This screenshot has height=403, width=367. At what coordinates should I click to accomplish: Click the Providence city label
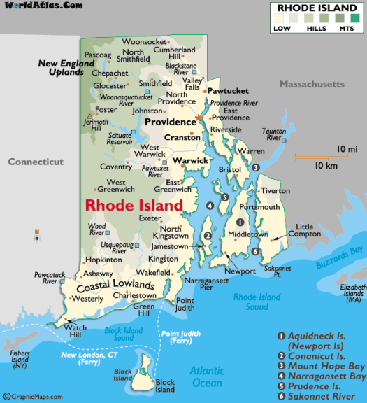click(x=170, y=122)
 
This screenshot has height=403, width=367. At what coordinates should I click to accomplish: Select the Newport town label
click(x=240, y=271)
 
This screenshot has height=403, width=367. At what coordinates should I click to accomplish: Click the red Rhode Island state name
click(x=134, y=206)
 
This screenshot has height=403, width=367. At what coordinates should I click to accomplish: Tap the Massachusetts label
click(x=312, y=84)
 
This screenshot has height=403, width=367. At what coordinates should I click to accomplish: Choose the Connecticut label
click(x=35, y=162)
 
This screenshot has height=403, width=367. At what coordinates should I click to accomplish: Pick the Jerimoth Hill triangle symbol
click(x=89, y=115)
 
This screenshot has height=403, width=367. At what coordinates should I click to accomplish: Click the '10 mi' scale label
click(x=347, y=149)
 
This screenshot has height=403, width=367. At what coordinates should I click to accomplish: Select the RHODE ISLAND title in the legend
click(x=315, y=8)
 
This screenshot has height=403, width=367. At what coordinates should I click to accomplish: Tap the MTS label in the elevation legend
click(x=347, y=29)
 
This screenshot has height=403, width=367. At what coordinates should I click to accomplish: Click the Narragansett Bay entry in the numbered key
click(x=327, y=376)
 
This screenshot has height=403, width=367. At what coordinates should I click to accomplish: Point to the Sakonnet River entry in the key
click(x=322, y=396)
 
